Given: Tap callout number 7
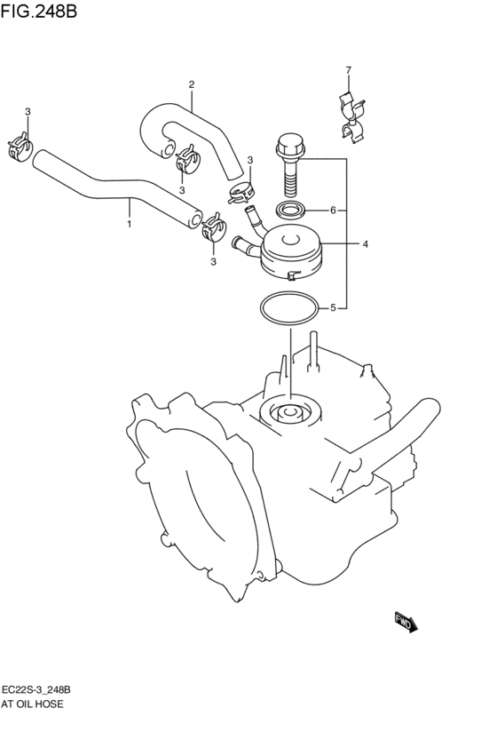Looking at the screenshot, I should [348, 70].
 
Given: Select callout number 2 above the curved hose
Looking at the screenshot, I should [191, 85].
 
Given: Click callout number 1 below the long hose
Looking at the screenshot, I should [129, 224].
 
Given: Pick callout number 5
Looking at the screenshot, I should [332, 308].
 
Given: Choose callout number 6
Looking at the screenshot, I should [332, 211].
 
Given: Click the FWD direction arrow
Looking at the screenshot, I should [405, 622].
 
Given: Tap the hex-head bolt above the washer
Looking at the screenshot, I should [288, 164].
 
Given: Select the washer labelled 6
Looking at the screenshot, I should [288, 211].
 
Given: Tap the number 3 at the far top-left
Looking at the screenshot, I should [28, 111].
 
